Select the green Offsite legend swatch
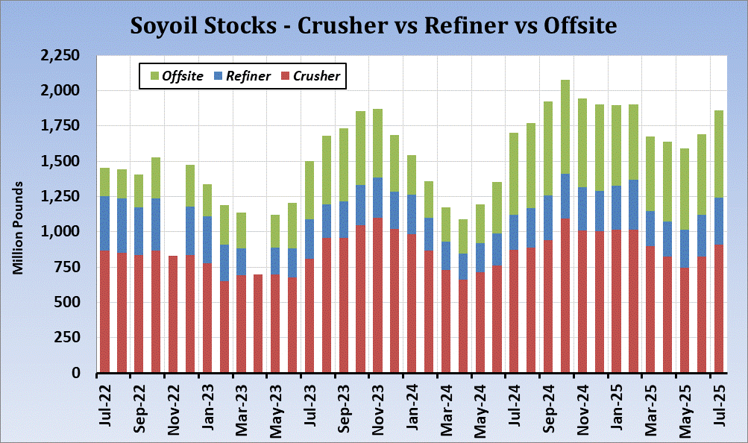click(154, 76)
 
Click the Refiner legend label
click(248, 76)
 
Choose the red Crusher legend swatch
click(284, 76)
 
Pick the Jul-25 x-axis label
click(720, 405)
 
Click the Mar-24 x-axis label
click(447, 405)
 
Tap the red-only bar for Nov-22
click(173, 314)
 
